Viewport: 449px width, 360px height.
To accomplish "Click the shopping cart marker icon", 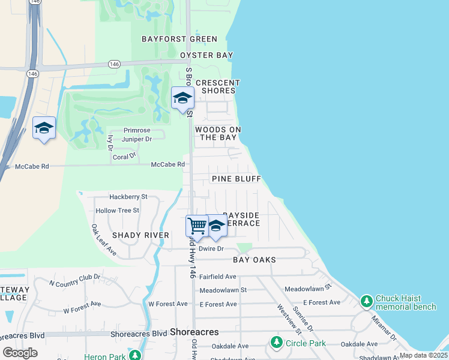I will (197, 226).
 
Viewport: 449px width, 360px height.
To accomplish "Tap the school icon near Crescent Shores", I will (182, 98).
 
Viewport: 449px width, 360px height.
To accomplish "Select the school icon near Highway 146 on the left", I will (44, 128).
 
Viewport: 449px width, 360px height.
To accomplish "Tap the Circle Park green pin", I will (276, 343).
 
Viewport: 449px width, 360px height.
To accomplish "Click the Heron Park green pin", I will (137, 355).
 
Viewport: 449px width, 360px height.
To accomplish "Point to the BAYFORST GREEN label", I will (179, 39).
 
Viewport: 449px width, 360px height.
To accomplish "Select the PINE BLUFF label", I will (236, 179).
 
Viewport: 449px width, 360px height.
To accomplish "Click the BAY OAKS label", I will (255, 260).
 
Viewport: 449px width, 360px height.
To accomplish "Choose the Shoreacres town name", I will (194, 331).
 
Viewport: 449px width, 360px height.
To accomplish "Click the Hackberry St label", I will (128, 197).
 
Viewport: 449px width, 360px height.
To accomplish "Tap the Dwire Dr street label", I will (211, 248).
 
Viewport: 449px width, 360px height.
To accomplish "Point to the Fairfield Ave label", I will (218, 277).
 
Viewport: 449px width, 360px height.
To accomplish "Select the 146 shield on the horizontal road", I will (113, 64).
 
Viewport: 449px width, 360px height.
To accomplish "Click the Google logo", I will (20, 353).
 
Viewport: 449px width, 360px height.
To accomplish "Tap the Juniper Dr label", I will (137, 139).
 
